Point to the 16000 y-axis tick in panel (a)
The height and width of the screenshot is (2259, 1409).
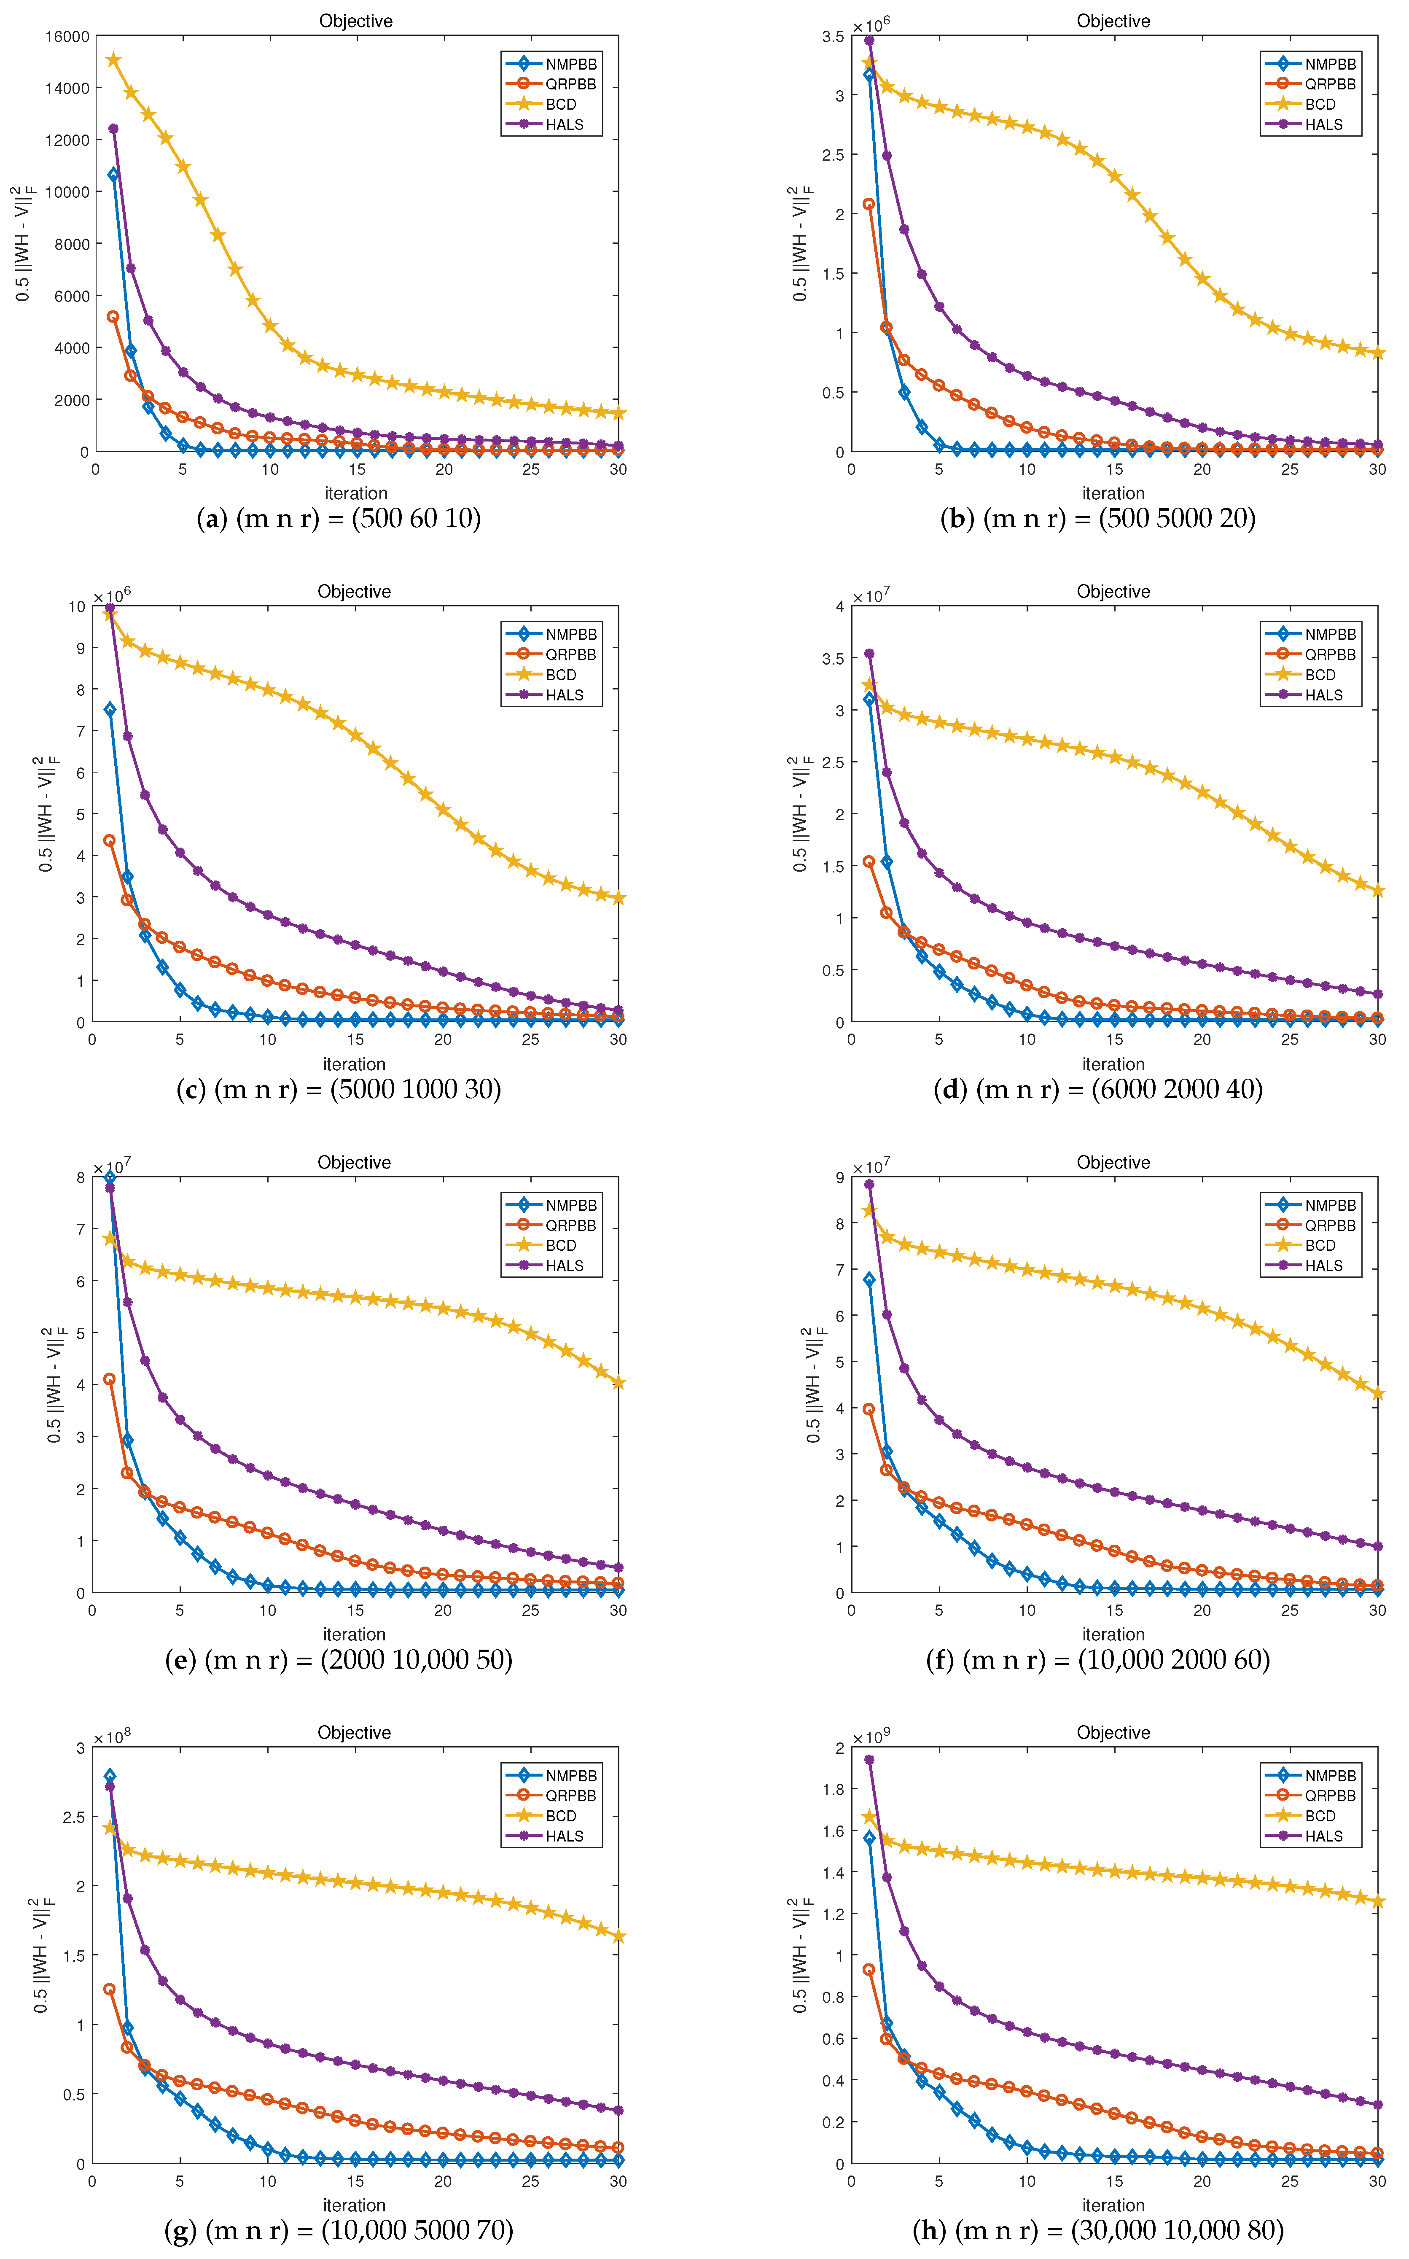point(67,36)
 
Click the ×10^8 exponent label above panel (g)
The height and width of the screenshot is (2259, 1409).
point(112,1737)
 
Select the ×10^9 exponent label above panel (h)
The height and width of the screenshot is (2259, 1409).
point(871,1737)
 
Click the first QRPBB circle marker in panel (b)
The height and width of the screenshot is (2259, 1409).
point(869,204)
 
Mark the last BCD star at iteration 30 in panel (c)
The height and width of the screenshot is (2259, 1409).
point(618,898)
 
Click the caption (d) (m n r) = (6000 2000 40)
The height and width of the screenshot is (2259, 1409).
point(1098,1088)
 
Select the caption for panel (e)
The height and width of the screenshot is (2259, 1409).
point(338,1660)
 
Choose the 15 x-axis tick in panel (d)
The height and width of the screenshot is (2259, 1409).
point(1115,1039)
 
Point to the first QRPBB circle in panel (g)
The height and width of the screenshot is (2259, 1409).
point(109,1989)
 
